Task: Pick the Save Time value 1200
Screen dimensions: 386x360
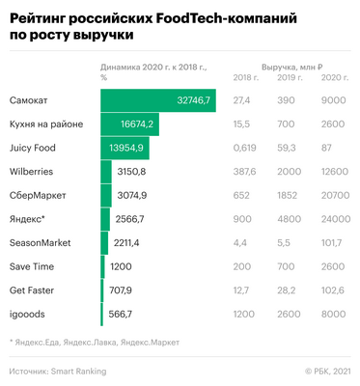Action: pyautogui.click(x=122, y=265)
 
